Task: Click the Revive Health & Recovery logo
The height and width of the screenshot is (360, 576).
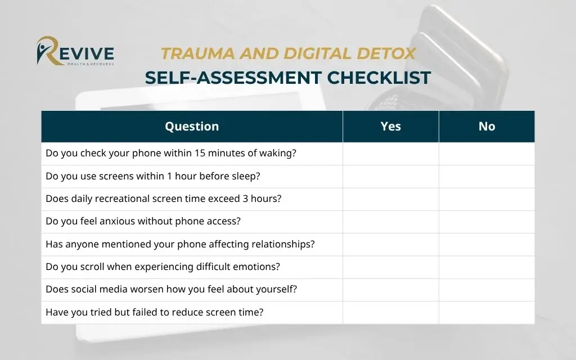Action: pos(75,52)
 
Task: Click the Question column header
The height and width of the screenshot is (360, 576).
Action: pos(192,127)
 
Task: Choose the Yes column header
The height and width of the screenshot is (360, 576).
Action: pos(390,127)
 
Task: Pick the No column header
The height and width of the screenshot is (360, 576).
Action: pos(487,127)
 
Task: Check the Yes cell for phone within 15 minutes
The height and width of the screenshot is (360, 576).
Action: pos(390,154)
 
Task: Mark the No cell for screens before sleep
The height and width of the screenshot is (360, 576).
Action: pos(487,176)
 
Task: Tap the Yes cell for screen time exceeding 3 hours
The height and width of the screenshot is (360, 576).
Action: pos(390,199)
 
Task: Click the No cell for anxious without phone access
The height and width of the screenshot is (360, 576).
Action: pos(487,222)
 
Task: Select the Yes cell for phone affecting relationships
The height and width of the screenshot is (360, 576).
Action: pos(390,244)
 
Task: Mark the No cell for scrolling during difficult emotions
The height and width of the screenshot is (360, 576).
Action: pos(487,267)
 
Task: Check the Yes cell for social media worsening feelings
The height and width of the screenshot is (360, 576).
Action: pos(390,290)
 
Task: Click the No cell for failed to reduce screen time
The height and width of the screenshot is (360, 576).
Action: pos(487,312)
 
